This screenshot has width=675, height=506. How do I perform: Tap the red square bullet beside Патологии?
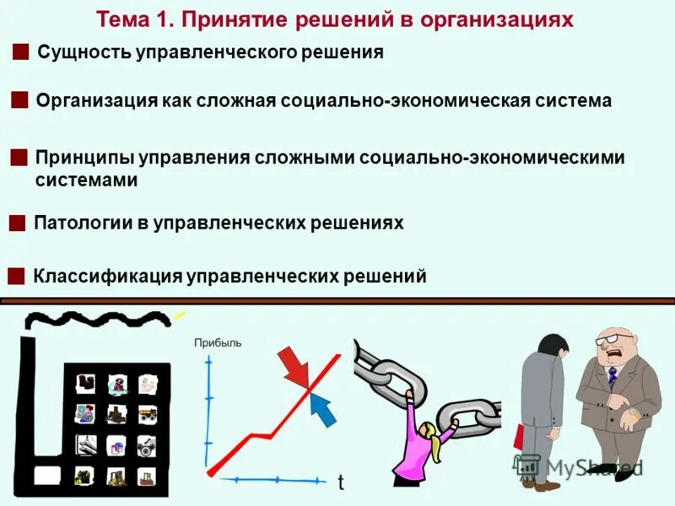[16, 223]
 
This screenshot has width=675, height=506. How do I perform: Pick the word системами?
[86, 180]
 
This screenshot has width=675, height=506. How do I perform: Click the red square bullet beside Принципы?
[18, 158]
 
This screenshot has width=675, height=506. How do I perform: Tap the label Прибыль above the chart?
[218, 342]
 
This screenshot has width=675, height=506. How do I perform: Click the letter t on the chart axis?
[341, 483]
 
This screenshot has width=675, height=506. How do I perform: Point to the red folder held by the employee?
[517, 438]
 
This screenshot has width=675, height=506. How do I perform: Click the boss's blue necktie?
[612, 376]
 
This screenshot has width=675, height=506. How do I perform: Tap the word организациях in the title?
[506, 19]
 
